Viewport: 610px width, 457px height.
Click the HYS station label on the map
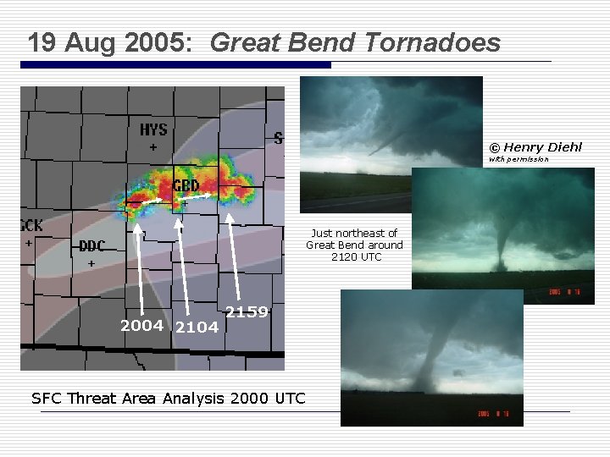(153, 129)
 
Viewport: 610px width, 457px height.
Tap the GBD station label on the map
(186, 185)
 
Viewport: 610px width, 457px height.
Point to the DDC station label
(92, 246)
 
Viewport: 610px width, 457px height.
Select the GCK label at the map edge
(31, 225)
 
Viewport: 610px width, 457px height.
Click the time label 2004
(142, 326)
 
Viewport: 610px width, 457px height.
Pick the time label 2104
(196, 328)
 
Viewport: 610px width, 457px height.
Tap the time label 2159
(247, 312)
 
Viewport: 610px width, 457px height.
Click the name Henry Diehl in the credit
(543, 147)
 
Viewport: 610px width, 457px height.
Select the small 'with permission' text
(518, 159)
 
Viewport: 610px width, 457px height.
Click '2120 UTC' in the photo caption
(357, 256)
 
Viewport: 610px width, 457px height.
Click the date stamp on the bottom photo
(498, 415)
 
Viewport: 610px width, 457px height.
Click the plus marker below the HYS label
(153, 147)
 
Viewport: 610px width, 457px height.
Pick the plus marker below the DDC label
(91, 264)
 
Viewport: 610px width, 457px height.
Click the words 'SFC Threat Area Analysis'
(128, 398)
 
